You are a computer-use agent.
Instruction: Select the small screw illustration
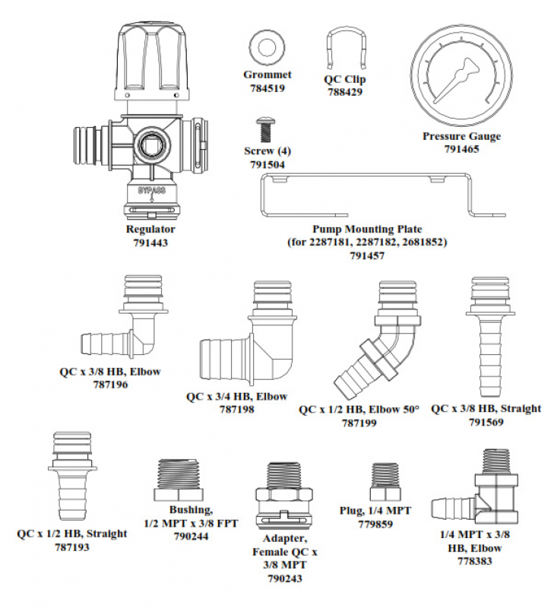coord(266,130)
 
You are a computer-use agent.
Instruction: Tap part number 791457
coord(367,256)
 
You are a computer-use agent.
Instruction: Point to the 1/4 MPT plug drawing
coord(381,480)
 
